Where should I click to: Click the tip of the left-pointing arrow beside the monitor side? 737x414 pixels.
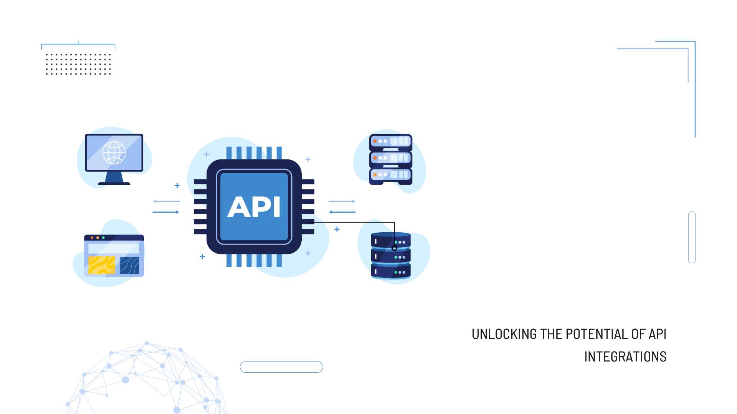(x=153, y=201)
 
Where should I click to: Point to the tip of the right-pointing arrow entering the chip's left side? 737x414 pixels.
(x=179, y=212)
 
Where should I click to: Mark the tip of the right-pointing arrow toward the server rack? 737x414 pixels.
(x=355, y=201)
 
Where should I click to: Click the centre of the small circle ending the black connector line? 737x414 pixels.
(x=394, y=248)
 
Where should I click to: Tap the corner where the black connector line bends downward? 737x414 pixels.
(x=394, y=222)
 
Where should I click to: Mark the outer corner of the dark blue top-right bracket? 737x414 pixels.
(x=695, y=42)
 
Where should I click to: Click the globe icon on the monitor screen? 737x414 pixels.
(x=114, y=153)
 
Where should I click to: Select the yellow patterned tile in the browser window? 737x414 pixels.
(x=101, y=265)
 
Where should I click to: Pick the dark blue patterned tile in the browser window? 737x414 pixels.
(x=129, y=265)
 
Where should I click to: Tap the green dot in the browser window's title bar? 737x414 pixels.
(x=103, y=238)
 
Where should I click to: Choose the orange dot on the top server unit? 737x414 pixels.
(x=375, y=141)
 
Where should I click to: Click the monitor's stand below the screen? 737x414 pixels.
(x=114, y=178)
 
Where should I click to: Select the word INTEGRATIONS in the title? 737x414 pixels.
(x=625, y=357)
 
